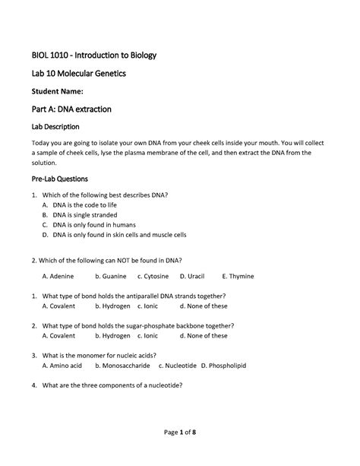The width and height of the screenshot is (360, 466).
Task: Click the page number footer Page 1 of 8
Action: point(179,433)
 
